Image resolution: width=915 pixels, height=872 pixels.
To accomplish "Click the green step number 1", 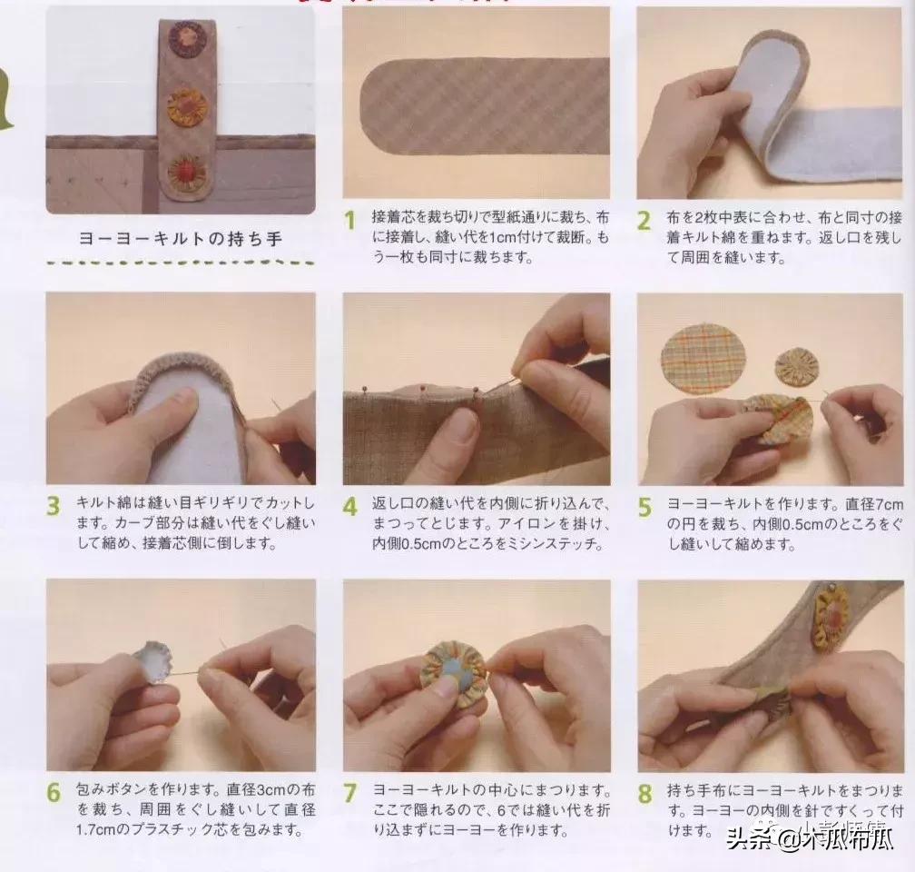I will pyautogui.click(x=349, y=221).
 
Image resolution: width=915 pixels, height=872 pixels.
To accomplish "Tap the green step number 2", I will pyautogui.click(x=644, y=221).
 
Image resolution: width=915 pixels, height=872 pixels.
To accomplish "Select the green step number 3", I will pyautogui.click(x=54, y=507).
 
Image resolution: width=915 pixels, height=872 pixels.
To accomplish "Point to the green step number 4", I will pyautogui.click(x=349, y=507).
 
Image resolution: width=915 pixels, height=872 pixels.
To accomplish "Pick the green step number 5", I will pyautogui.click(x=644, y=507).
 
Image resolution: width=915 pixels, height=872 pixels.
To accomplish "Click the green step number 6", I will pyautogui.click(x=54, y=792).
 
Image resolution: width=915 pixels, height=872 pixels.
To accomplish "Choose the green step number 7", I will pyautogui.click(x=349, y=792).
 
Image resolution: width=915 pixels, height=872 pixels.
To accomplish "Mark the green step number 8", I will pyautogui.click(x=644, y=792).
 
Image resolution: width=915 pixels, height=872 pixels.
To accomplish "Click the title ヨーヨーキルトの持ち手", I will pyautogui.click(x=181, y=239).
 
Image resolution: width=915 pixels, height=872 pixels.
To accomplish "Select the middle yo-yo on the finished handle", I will pyautogui.click(x=187, y=106).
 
